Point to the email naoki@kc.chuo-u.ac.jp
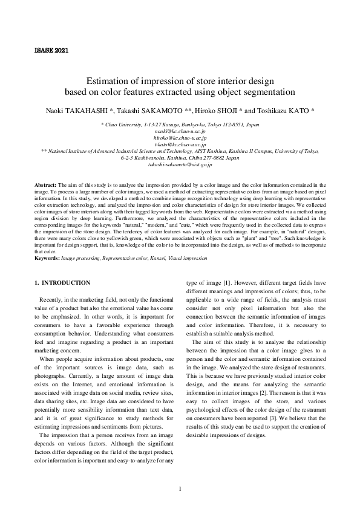click(180, 131)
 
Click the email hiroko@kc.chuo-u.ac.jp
click(180, 138)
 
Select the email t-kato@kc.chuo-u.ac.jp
click(180, 145)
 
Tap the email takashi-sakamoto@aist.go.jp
click(180, 164)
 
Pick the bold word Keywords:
click(47, 258)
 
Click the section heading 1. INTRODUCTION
click(62, 282)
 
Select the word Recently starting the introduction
click(53, 300)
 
